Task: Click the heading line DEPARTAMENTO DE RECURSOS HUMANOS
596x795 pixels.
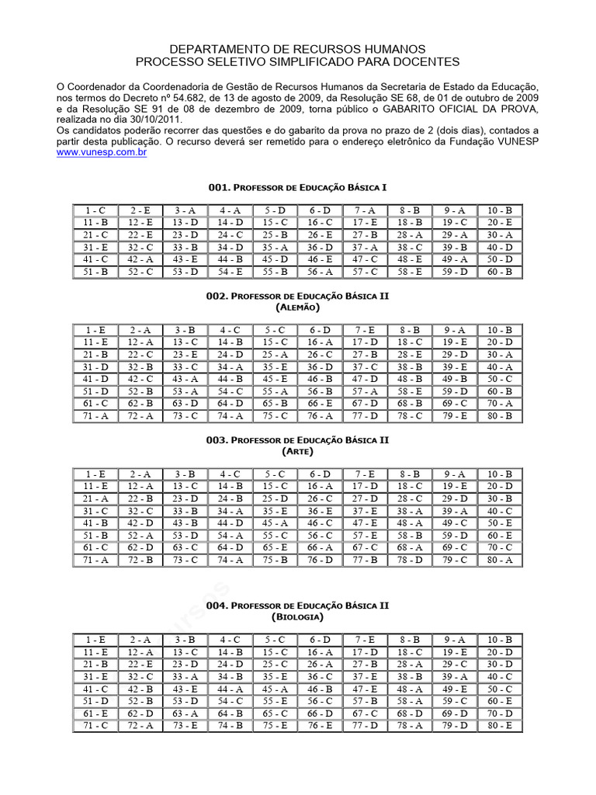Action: (298, 48)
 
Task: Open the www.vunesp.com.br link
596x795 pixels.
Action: (102, 154)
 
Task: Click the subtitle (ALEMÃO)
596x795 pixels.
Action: (298, 308)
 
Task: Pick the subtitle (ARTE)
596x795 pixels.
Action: (298, 451)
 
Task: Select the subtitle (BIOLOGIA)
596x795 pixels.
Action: (298, 617)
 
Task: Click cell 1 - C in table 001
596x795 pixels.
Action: (95, 210)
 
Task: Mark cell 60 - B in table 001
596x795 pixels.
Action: (500, 272)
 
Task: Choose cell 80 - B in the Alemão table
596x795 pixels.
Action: (500, 415)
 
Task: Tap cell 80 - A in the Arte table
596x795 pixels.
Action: (500, 560)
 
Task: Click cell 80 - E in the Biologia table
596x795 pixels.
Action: (500, 726)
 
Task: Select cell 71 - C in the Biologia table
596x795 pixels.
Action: (95, 726)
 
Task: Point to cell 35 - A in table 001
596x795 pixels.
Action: (275, 247)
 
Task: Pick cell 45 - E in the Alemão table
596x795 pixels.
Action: (275, 379)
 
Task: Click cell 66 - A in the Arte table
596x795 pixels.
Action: (321, 547)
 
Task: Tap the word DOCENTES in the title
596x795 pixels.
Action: (424, 61)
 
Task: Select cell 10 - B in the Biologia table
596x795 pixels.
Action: (500, 640)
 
